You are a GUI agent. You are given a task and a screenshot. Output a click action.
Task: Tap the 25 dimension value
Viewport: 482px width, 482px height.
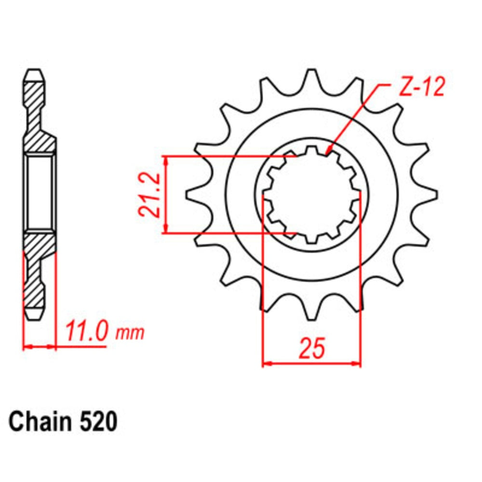pos(311,348)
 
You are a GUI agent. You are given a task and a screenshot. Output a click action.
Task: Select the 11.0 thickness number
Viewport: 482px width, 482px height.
pos(85,332)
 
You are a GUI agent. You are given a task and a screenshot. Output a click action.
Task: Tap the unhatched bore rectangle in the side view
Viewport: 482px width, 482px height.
pos(39,193)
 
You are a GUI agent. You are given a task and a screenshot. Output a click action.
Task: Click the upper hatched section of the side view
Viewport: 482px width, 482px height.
pos(38,120)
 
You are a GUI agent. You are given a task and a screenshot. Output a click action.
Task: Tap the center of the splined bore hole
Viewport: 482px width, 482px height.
pos(312,195)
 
